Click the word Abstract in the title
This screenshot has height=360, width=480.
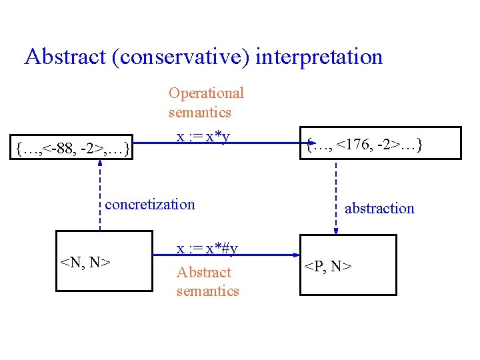click(x=65, y=57)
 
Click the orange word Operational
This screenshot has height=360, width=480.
click(x=206, y=93)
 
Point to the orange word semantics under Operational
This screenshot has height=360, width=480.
click(x=200, y=112)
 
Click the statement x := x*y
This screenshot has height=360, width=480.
click(x=203, y=136)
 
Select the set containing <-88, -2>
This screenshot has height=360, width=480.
click(x=72, y=146)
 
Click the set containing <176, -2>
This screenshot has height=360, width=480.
click(x=365, y=143)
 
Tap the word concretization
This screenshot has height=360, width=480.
click(x=150, y=203)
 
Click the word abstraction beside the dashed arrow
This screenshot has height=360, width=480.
click(x=379, y=208)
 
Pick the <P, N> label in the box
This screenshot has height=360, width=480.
click(x=329, y=267)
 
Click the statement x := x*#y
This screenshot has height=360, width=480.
click(x=207, y=248)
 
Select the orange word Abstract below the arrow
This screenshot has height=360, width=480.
click(x=203, y=272)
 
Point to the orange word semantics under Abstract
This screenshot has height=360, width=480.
click(x=207, y=291)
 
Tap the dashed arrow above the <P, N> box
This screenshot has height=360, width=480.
click(x=335, y=197)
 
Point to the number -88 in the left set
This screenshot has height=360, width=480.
click(x=61, y=146)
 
